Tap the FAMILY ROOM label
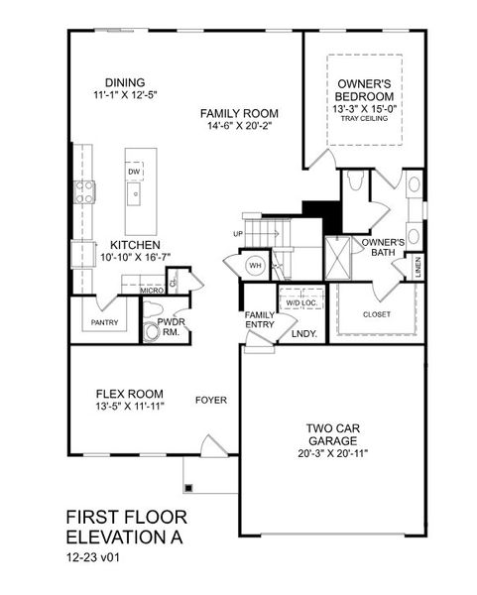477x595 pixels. pyautogui.click(x=239, y=113)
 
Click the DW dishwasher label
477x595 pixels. pyautogui.click(x=134, y=172)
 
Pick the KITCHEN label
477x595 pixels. pyautogui.click(x=136, y=245)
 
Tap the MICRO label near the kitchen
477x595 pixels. pyautogui.click(x=151, y=290)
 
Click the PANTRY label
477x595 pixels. pyautogui.click(x=104, y=322)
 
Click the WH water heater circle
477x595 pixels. pyautogui.click(x=254, y=266)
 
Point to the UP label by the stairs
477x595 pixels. pyautogui.click(x=237, y=234)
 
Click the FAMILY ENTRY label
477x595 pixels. pyautogui.click(x=260, y=320)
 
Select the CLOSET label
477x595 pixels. pyautogui.click(x=376, y=313)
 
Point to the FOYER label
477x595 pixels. pyautogui.click(x=210, y=401)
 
